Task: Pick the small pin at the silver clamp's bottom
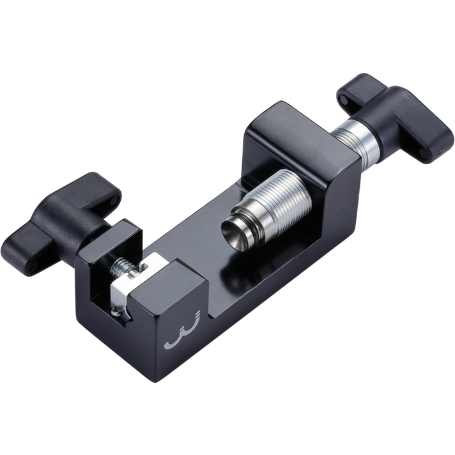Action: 117,311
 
